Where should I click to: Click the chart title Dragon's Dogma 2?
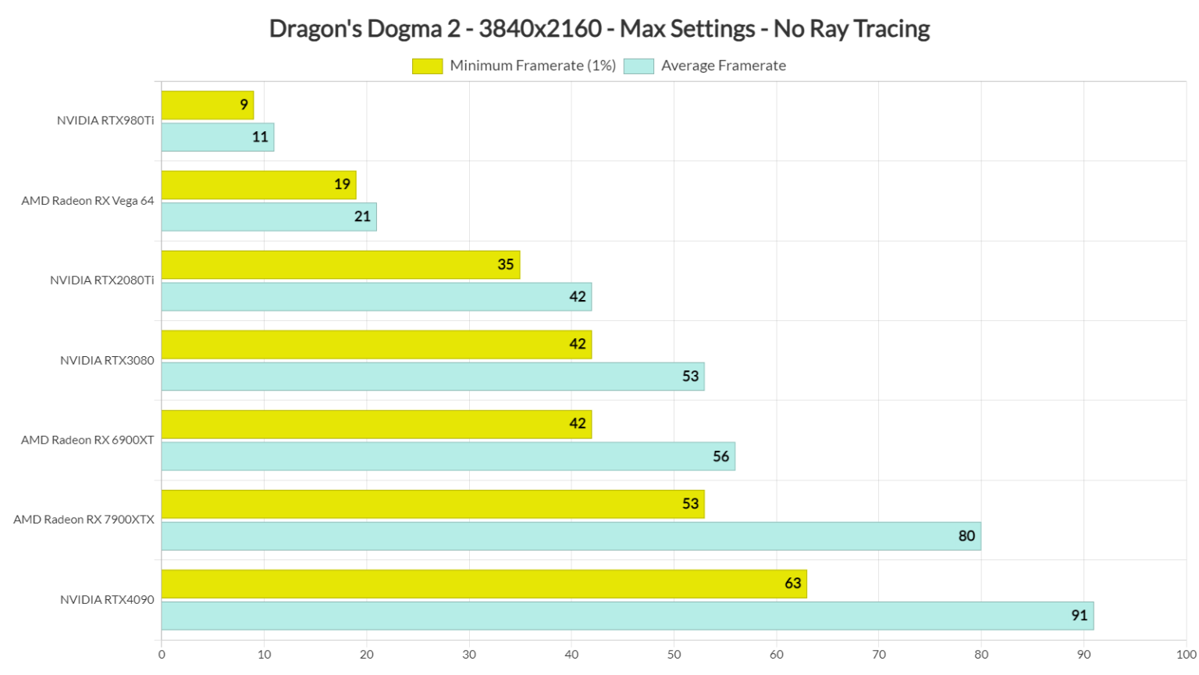(599, 29)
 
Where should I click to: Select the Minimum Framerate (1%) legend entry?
(514, 66)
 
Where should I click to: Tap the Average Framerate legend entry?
(706, 66)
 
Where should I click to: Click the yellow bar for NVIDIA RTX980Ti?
(207, 105)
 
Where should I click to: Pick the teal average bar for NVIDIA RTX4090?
(627, 616)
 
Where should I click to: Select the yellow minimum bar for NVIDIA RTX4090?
(483, 584)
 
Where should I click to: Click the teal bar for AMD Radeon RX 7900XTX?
(571, 536)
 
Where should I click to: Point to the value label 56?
(720, 456)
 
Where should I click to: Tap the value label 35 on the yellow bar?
(505, 265)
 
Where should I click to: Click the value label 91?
(1079, 616)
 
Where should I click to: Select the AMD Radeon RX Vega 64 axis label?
(87, 201)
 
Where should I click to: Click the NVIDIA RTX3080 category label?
(107, 360)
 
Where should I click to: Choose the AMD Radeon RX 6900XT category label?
(87, 440)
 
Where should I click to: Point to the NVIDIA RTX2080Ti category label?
(101, 280)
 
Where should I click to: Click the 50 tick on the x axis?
(674, 655)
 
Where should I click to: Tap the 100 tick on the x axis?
(1185, 655)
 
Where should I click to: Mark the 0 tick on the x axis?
(162, 655)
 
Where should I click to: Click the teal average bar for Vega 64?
(269, 217)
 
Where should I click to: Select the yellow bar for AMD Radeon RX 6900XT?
(376, 424)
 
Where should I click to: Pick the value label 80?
(966, 536)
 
